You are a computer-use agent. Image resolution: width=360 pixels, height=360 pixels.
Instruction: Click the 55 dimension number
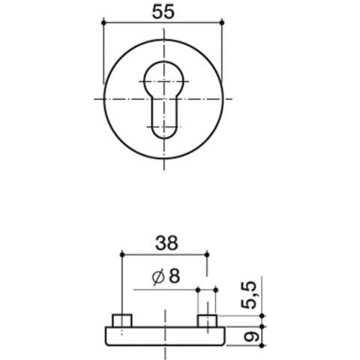click(163, 12)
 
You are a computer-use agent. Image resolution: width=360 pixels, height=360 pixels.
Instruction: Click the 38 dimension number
click(166, 243)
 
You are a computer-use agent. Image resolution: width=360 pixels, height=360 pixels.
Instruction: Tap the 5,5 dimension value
click(249, 295)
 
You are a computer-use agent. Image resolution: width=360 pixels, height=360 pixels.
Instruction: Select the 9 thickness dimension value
click(249, 337)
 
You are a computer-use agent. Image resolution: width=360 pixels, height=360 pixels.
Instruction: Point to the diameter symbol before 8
click(158, 277)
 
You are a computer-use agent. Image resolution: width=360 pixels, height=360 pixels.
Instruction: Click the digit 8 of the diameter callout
click(174, 276)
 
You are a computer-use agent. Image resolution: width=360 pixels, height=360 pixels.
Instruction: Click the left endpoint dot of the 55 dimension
click(103, 22)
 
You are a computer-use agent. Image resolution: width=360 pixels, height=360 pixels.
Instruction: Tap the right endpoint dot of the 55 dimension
click(222, 22)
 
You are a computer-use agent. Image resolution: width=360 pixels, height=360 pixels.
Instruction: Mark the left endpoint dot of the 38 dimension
click(122, 255)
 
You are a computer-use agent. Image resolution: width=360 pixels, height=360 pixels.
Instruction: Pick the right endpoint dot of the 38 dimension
click(207, 255)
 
